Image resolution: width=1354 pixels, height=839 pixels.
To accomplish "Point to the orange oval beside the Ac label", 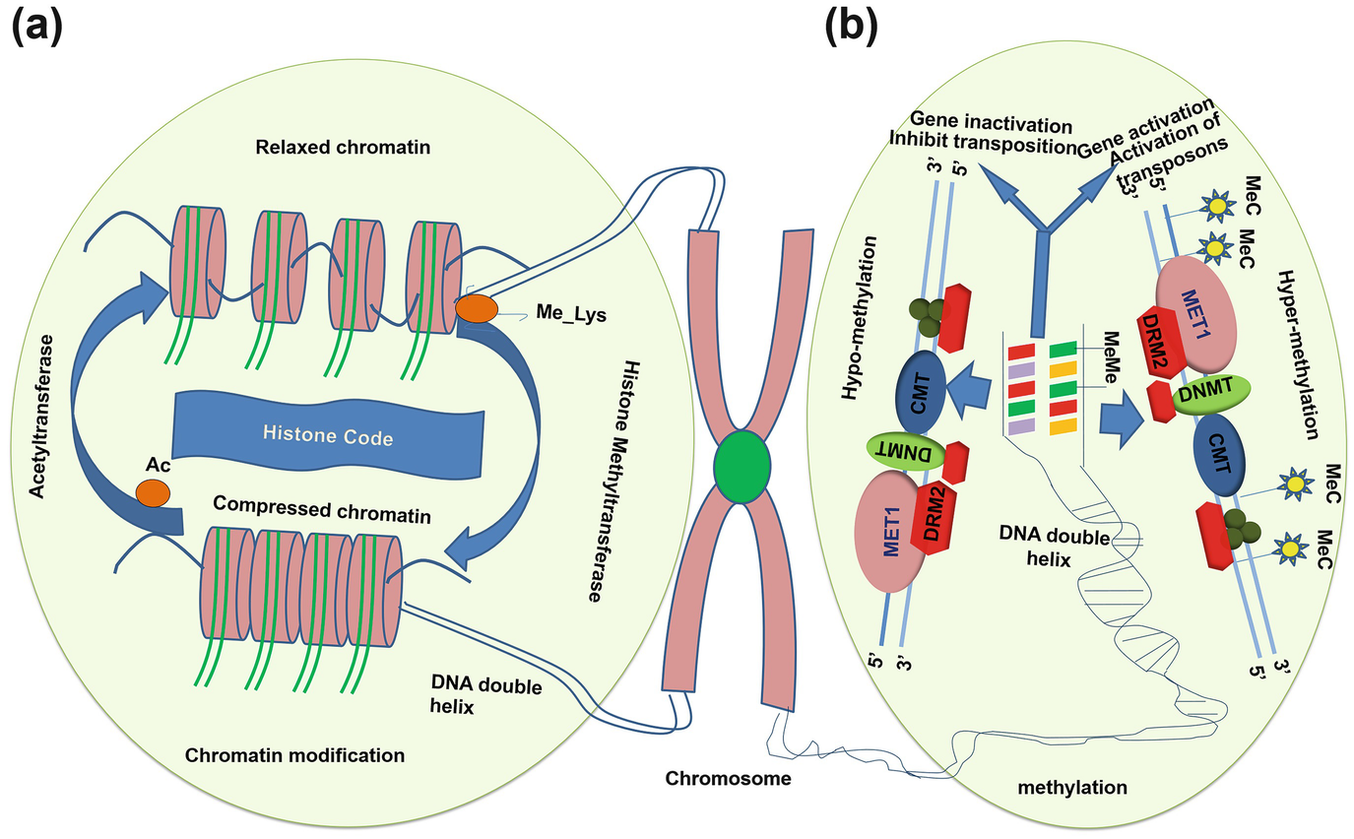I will [153, 492].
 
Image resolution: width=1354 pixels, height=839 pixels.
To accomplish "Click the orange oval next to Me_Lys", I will [477, 308].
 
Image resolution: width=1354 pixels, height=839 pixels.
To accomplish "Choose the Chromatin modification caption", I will [294, 755].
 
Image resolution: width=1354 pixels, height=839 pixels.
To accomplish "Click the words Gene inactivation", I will [990, 124].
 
